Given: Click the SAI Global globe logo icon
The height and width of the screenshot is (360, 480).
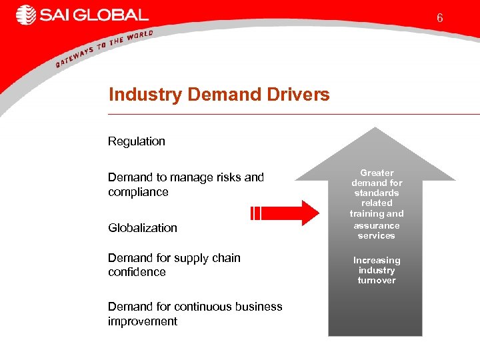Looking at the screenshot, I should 26,15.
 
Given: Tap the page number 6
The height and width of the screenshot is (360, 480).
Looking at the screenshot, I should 440,18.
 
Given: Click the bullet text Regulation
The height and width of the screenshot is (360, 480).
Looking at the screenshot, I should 137,141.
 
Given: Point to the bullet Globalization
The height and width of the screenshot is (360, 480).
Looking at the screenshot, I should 143,228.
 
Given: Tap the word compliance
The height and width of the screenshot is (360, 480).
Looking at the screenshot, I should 138,192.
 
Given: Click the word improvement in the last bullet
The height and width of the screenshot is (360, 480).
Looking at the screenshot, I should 143,321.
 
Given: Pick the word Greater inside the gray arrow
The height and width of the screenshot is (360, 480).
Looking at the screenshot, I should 377,173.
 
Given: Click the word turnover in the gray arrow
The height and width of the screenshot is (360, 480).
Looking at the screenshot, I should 377,281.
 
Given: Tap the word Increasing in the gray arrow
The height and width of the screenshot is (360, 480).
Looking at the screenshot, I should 377,260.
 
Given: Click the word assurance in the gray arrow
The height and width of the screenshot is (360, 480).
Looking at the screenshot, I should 377,225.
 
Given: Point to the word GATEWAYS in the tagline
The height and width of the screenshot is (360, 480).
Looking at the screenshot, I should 75,55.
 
